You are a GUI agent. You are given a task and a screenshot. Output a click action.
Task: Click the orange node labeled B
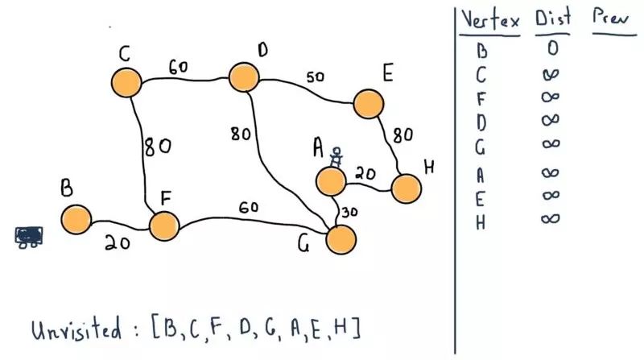pos(76,217)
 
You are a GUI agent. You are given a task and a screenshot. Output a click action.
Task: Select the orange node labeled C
pos(126,82)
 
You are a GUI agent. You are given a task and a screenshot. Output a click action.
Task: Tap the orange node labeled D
pos(243,77)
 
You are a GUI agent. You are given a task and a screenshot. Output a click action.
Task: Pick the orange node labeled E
pos(367,104)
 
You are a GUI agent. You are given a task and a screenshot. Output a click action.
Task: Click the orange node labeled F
pos(163,226)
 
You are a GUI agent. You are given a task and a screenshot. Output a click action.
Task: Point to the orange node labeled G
pos(341,238)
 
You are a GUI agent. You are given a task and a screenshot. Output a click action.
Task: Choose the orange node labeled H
pos(406,188)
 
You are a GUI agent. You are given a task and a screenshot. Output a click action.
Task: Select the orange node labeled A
pos(332,180)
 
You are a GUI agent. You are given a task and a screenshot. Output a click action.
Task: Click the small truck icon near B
pos(30,236)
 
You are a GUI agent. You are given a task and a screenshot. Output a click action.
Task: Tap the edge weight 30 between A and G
pos(349,213)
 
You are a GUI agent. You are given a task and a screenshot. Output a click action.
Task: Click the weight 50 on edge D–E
pos(315,77)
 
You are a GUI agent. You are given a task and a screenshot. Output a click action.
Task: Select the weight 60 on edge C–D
pos(179,66)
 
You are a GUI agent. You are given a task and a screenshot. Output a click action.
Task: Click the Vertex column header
pos(489,21)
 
